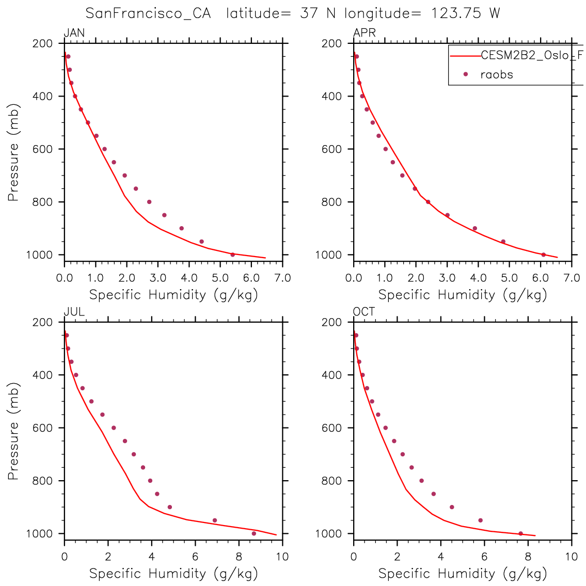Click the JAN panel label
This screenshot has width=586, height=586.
(x=74, y=34)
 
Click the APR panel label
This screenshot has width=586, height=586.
(x=364, y=34)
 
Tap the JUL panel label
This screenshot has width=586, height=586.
(x=74, y=312)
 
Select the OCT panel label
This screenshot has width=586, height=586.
(x=364, y=312)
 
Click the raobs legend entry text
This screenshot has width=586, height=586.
(x=497, y=74)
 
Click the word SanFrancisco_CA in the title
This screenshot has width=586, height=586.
(x=148, y=13)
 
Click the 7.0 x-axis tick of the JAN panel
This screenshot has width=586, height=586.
(x=282, y=278)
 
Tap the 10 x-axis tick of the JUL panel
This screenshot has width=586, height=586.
(x=282, y=557)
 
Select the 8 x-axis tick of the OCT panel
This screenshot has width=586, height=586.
(x=528, y=557)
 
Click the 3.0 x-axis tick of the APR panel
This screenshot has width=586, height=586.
(x=447, y=278)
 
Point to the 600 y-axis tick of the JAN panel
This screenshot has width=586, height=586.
(x=42, y=149)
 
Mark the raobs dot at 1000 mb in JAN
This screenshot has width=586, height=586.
(x=232, y=255)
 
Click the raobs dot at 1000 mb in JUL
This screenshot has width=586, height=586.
(x=254, y=533)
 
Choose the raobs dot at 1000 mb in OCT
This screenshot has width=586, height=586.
(x=520, y=533)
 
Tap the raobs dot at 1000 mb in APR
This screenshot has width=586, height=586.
(x=543, y=255)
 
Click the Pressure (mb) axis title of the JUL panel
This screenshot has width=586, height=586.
(x=13, y=431)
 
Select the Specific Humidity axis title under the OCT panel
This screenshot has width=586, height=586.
(x=463, y=573)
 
